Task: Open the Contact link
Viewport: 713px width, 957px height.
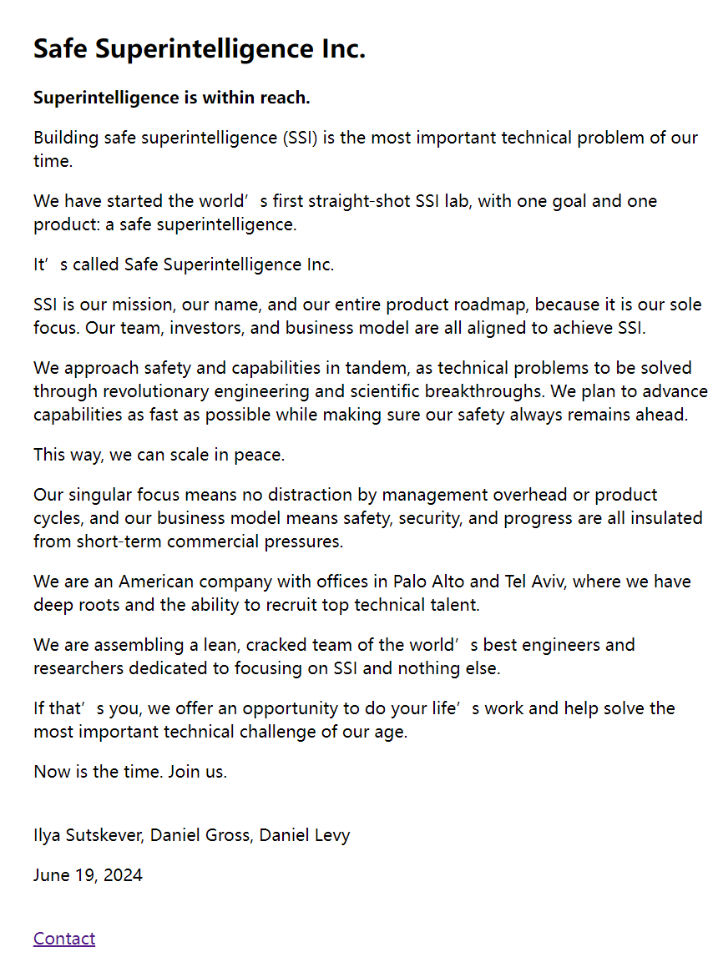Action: point(64,939)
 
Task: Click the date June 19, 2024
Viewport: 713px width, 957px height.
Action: point(88,875)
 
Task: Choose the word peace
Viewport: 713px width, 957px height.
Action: point(259,455)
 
